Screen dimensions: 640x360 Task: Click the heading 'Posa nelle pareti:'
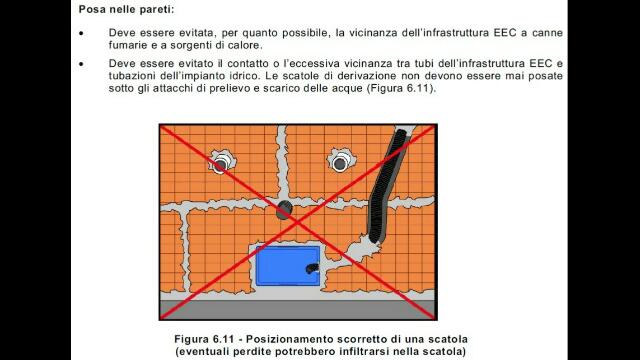pos(127,9)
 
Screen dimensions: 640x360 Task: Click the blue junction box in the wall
pos(287,265)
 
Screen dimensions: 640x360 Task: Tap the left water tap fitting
pos(221,162)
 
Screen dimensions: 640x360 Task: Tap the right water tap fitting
pos(340,162)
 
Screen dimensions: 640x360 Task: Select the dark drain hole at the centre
pos(284,210)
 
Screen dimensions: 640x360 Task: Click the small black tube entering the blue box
pos(313,268)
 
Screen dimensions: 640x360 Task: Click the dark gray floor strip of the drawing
pos(298,309)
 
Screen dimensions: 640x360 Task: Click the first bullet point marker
pos(82,33)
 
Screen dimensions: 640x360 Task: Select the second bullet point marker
pos(82,64)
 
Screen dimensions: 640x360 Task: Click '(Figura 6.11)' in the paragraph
pos(401,88)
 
